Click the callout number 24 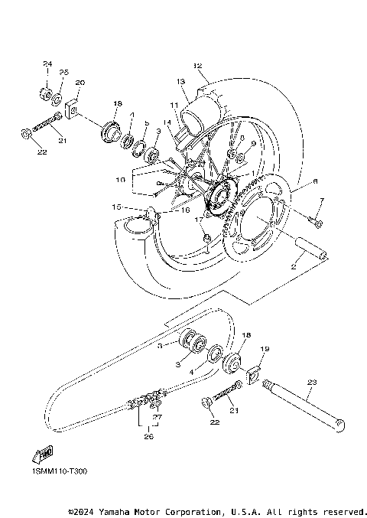coord(47,63)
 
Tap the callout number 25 coord(65,72)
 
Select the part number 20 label coord(80,82)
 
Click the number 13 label coord(181,81)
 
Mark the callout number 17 coord(198,220)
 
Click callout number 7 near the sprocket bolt coord(322,201)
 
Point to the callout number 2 coord(293,268)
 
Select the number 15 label coord(116,207)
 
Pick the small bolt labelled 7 coord(317,223)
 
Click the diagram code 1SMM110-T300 coord(59,472)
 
